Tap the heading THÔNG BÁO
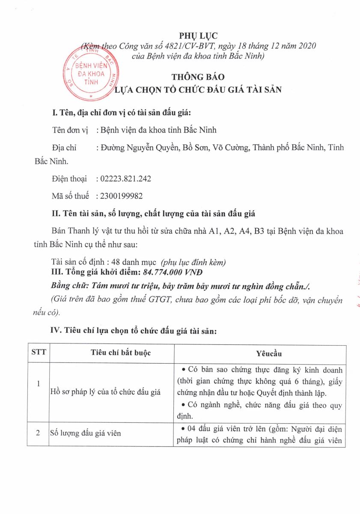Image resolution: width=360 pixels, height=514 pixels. [198, 77]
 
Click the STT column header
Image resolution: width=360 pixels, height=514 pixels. [38, 353]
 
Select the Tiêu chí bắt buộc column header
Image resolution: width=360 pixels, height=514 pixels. [121, 353]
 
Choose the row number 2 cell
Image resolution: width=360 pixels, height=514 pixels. [38, 433]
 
